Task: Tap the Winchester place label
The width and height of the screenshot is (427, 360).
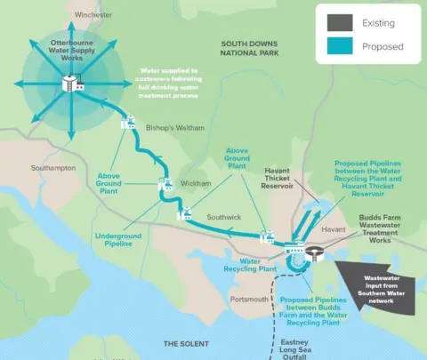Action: pos(93,15)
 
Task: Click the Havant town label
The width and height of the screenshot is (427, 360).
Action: pos(334,229)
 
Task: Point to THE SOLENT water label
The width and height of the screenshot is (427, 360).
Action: pos(185,343)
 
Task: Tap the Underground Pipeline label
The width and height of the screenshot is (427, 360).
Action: pos(118,242)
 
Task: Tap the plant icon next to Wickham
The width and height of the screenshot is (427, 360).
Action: pos(165,185)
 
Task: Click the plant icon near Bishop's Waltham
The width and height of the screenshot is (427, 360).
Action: pos(128,123)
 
